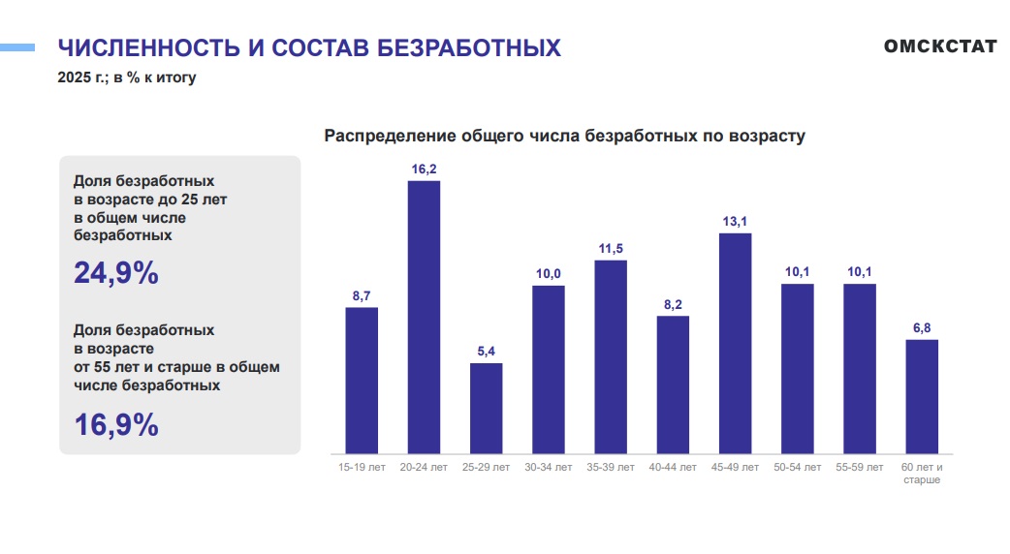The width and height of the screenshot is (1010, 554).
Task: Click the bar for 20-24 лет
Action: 424,317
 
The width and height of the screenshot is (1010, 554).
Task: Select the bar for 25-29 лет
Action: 486,408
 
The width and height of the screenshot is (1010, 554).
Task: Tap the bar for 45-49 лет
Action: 735,343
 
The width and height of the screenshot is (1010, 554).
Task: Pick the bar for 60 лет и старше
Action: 922,396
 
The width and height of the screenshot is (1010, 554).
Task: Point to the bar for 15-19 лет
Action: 362,380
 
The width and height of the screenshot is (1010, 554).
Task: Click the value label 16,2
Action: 424,169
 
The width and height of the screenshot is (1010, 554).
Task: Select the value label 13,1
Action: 735,222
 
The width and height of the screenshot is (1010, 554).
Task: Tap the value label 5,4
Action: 486,352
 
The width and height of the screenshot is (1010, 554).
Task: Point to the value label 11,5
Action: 611,249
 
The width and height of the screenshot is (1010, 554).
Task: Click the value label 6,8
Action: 922,328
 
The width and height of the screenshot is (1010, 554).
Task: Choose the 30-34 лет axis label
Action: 549,468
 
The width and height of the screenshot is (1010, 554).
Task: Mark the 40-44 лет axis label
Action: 673,468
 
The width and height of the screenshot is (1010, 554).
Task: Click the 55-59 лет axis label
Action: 860,468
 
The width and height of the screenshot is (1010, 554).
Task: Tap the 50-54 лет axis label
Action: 798,468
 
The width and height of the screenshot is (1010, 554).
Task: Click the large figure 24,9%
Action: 116,274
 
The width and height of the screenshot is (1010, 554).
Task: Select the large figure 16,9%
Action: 116,424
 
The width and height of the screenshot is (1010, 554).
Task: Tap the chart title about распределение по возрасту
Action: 564,136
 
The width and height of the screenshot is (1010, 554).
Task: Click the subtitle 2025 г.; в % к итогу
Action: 127,77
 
